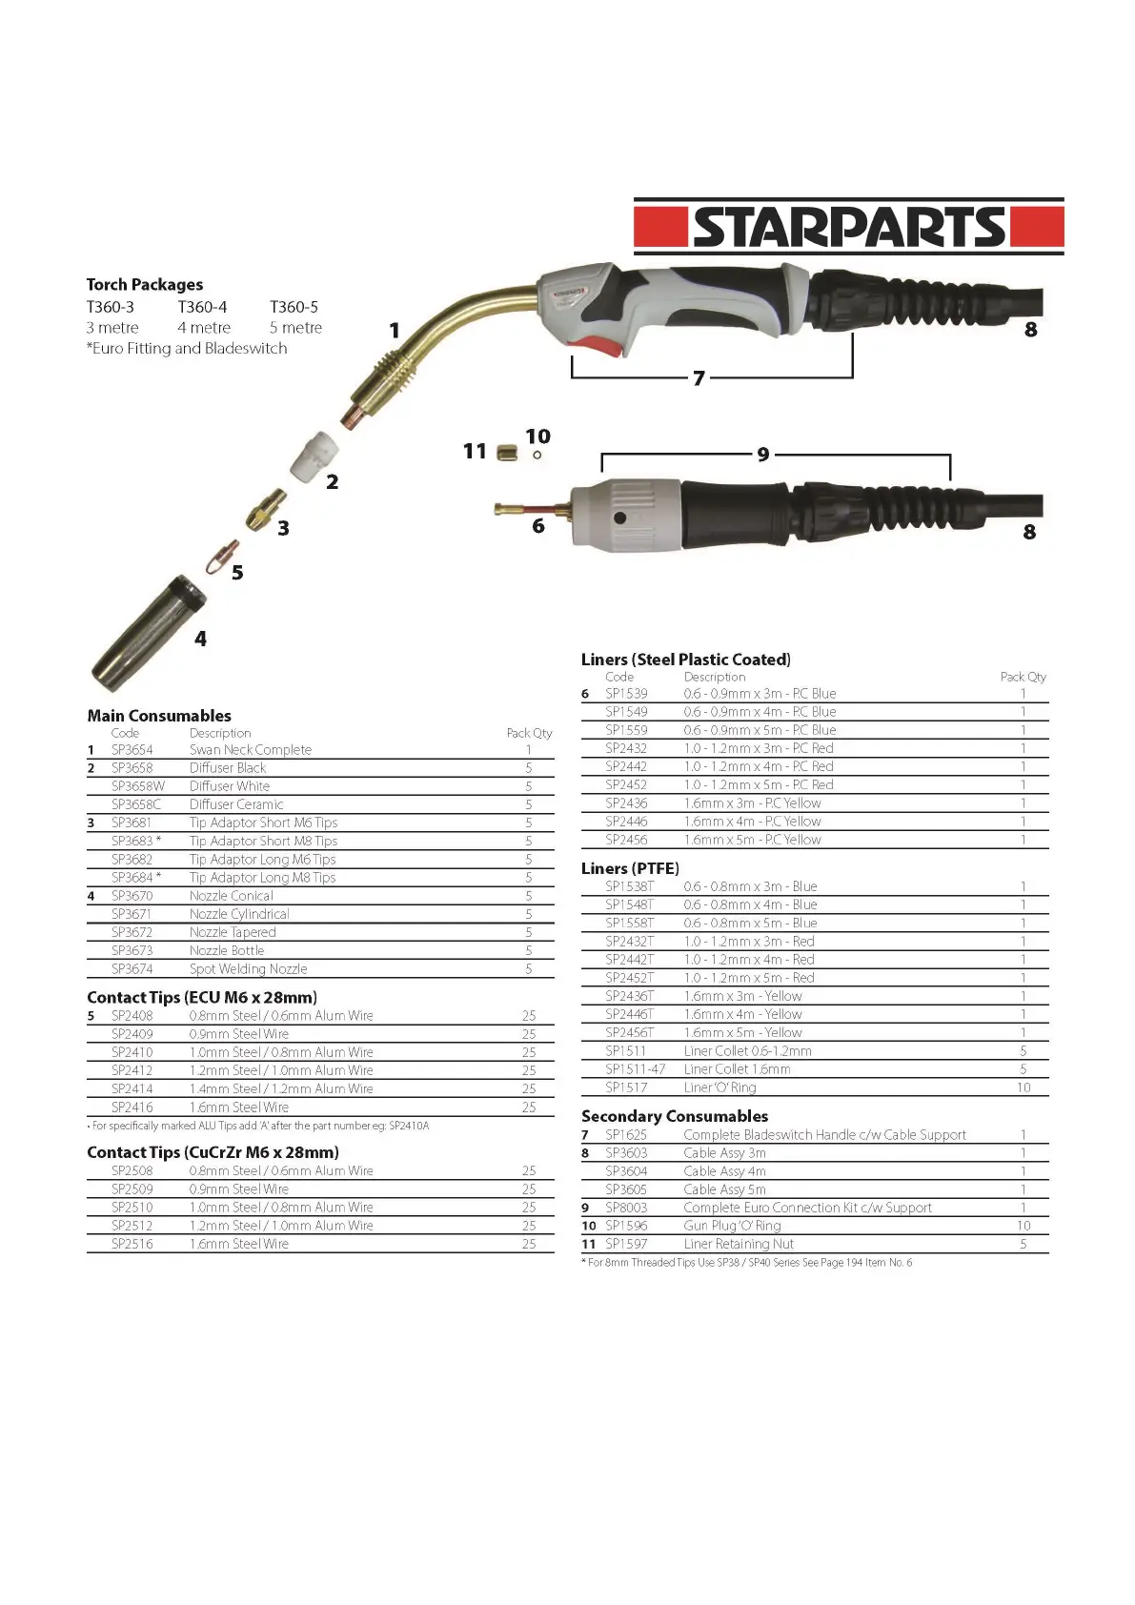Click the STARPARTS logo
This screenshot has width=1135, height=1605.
[x=848, y=227]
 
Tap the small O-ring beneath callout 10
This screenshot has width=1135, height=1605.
[x=537, y=455]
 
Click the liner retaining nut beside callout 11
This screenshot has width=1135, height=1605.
[x=507, y=453]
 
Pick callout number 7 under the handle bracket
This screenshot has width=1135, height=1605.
[x=699, y=378]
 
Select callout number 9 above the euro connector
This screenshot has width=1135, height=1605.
[x=763, y=455]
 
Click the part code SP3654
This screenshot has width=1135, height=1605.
[x=132, y=750]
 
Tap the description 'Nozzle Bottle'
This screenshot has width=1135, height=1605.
[x=227, y=950]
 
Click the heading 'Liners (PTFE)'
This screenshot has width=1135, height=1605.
[x=630, y=868]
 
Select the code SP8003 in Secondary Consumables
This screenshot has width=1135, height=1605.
[x=626, y=1208]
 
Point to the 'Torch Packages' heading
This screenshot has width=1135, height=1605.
[x=145, y=284]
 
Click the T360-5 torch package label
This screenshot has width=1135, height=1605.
[x=294, y=307]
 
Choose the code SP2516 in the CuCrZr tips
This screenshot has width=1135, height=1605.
[x=132, y=1244]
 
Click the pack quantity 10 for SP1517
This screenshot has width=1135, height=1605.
[x=1024, y=1087]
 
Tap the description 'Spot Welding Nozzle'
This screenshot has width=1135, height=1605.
[x=248, y=969]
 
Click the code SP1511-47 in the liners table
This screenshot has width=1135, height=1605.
[x=636, y=1069]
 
